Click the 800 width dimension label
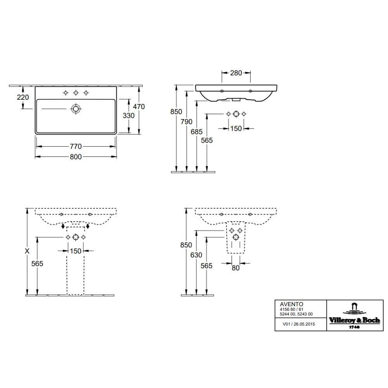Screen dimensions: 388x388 (76, 157)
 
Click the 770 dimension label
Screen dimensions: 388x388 (76, 147)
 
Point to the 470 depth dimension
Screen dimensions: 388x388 (139, 107)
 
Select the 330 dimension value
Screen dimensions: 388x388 (129, 116)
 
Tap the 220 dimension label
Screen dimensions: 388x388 (23, 97)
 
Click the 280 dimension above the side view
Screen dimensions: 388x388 (236, 73)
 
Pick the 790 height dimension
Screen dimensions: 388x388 (186, 122)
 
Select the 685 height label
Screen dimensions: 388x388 (196, 132)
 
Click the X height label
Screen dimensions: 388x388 (27, 251)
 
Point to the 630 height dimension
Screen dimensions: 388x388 (196, 255)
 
